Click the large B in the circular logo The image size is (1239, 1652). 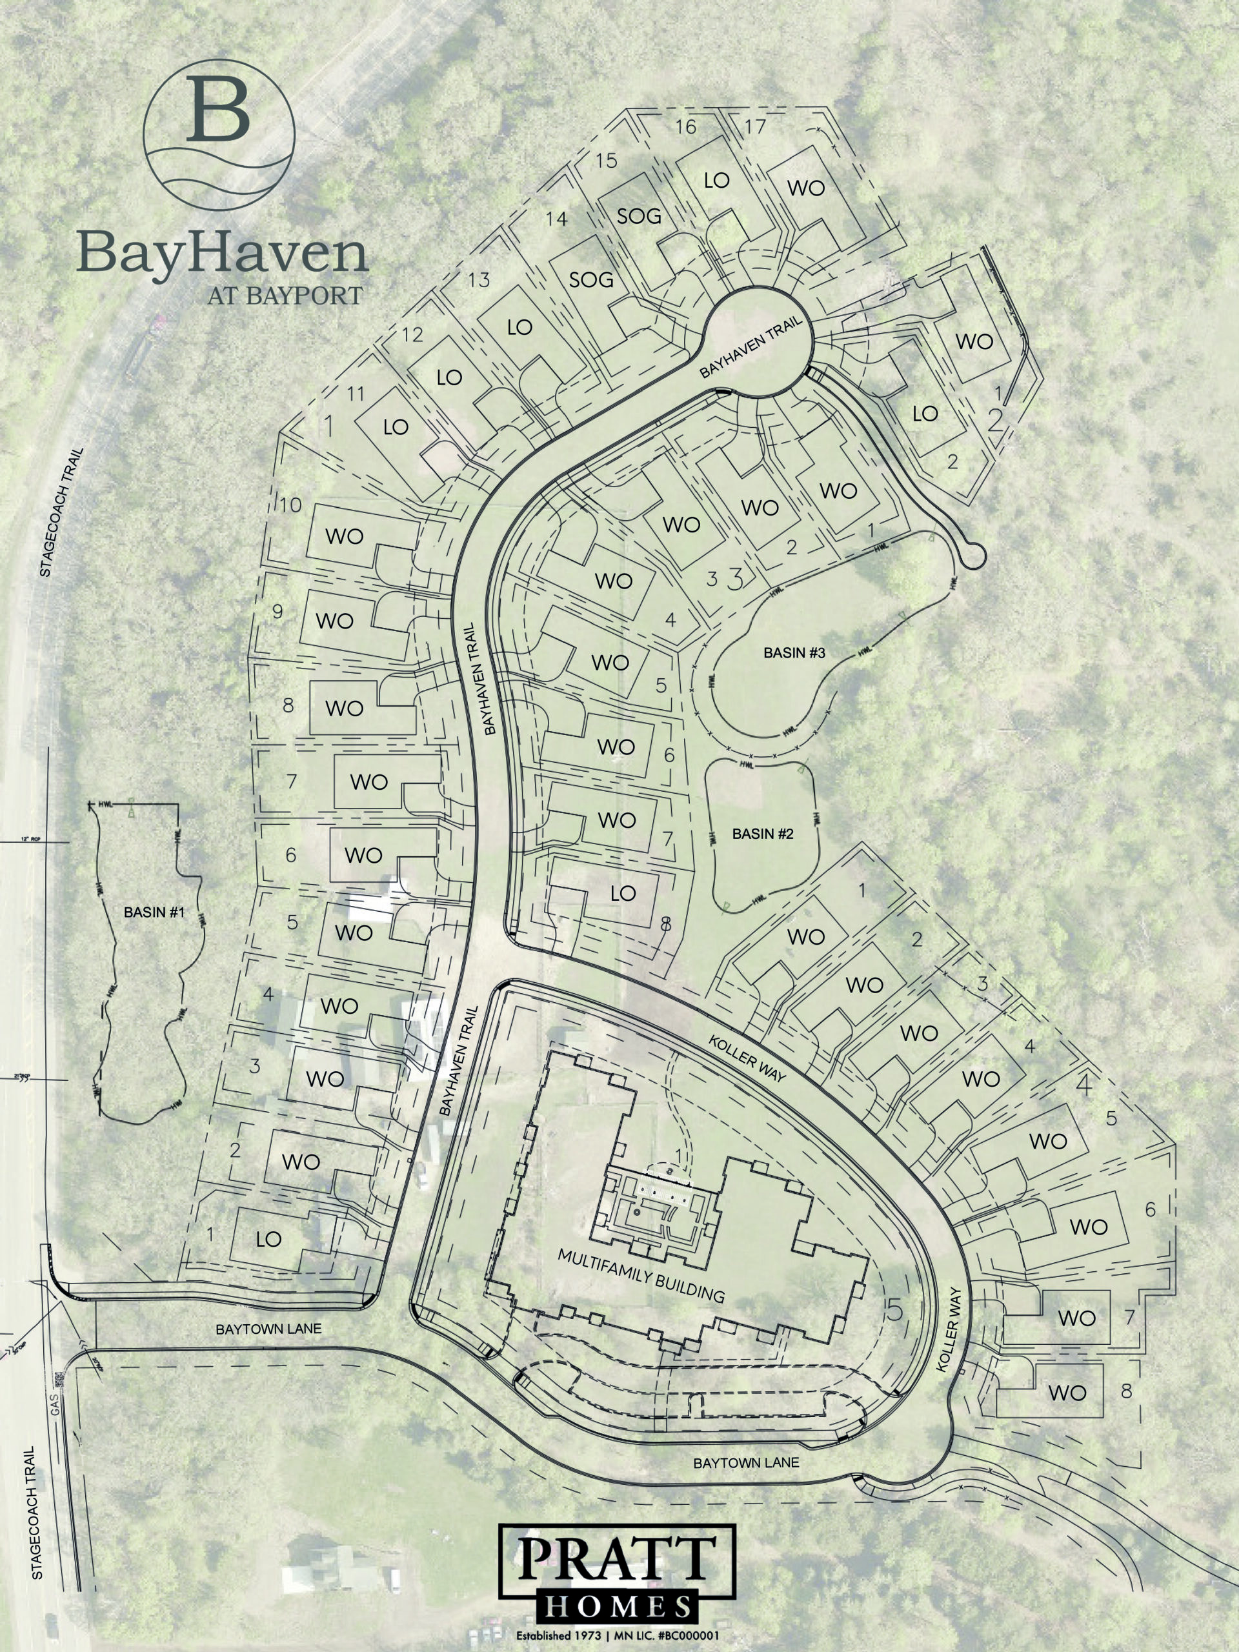click(x=217, y=110)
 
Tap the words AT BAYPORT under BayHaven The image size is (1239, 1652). click(x=285, y=296)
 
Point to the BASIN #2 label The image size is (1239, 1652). click(x=763, y=834)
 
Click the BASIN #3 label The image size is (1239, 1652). click(x=793, y=653)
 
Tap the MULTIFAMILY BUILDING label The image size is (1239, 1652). click(x=641, y=1276)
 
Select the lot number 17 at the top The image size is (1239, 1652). click(x=755, y=127)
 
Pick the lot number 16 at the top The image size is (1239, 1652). click(x=685, y=127)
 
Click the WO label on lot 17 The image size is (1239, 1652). click(x=806, y=188)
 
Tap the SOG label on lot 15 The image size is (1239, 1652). click(x=640, y=217)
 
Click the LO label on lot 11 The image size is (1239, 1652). click(x=396, y=427)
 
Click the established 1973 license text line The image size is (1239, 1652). click(x=617, y=1637)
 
